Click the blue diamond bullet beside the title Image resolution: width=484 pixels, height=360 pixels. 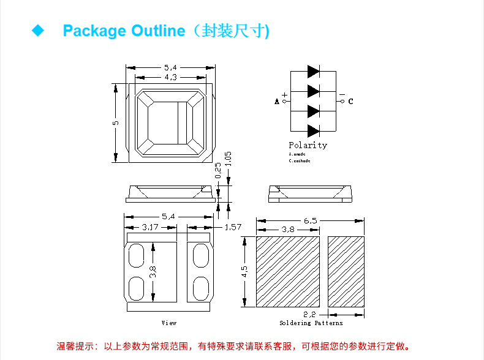click(x=39, y=31)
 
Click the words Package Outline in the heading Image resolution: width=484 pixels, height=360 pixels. click(x=123, y=31)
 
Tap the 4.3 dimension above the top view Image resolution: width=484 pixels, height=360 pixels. click(x=170, y=77)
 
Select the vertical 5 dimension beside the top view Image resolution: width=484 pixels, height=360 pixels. click(x=115, y=123)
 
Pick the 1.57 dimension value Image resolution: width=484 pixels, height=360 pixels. click(x=233, y=227)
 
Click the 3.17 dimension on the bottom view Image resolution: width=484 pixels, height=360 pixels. click(x=150, y=227)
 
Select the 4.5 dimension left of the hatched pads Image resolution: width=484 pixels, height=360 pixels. click(x=244, y=271)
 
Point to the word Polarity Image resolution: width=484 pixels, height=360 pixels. click(x=308, y=145)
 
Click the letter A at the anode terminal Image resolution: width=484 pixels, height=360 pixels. click(x=277, y=102)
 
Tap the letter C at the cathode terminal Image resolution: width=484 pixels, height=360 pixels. click(x=350, y=102)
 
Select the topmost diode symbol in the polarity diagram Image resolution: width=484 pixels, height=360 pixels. click(x=313, y=71)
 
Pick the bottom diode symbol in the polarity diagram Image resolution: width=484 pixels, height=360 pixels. click(x=313, y=130)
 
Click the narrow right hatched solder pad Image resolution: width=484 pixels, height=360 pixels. click(x=346, y=271)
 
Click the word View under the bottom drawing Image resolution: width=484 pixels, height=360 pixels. click(x=169, y=323)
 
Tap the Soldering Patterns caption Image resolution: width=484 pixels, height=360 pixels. click(x=311, y=323)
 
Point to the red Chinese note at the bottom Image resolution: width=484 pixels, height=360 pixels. click(x=233, y=347)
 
